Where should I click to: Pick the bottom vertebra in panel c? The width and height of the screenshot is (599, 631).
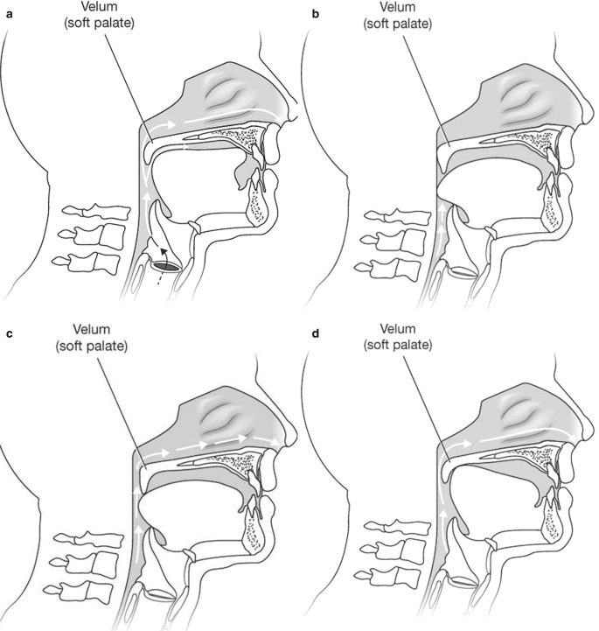point(85,583)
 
